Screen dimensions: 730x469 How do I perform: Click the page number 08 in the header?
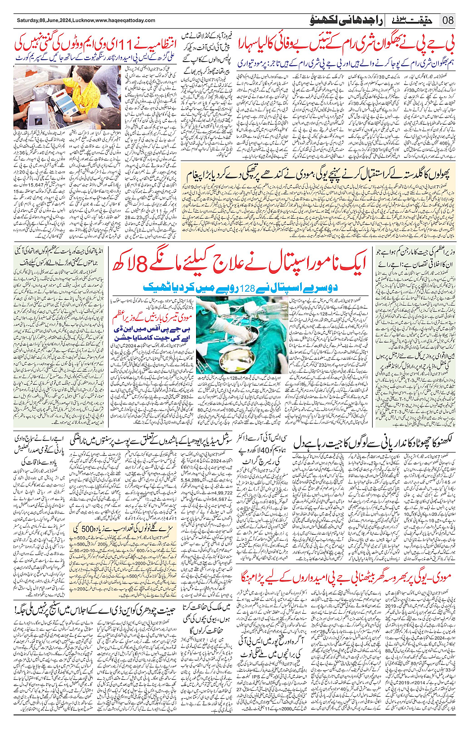tap(448, 20)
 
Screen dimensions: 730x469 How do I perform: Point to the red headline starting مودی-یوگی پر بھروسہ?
tap(347, 578)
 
